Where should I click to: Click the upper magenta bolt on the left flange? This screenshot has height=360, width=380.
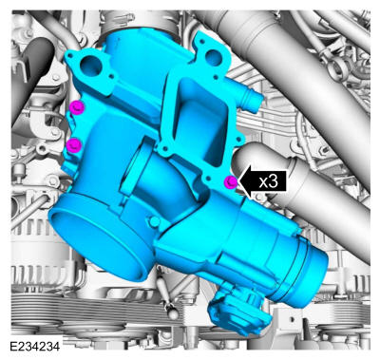pyautogui.click(x=76, y=107)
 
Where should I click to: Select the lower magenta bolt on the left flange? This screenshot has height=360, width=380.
pyautogui.click(x=74, y=145)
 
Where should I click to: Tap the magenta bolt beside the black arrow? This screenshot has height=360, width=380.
pyautogui.click(x=231, y=182)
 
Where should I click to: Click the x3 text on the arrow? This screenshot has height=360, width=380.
pyautogui.click(x=268, y=181)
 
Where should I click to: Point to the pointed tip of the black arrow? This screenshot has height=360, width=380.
pyautogui.click(x=238, y=182)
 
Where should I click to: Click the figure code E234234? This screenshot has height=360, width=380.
pyautogui.click(x=34, y=347)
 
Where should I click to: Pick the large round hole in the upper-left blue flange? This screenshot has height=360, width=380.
pyautogui.click(x=90, y=66)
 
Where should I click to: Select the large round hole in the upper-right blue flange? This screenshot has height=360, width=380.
pyautogui.click(x=212, y=57)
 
